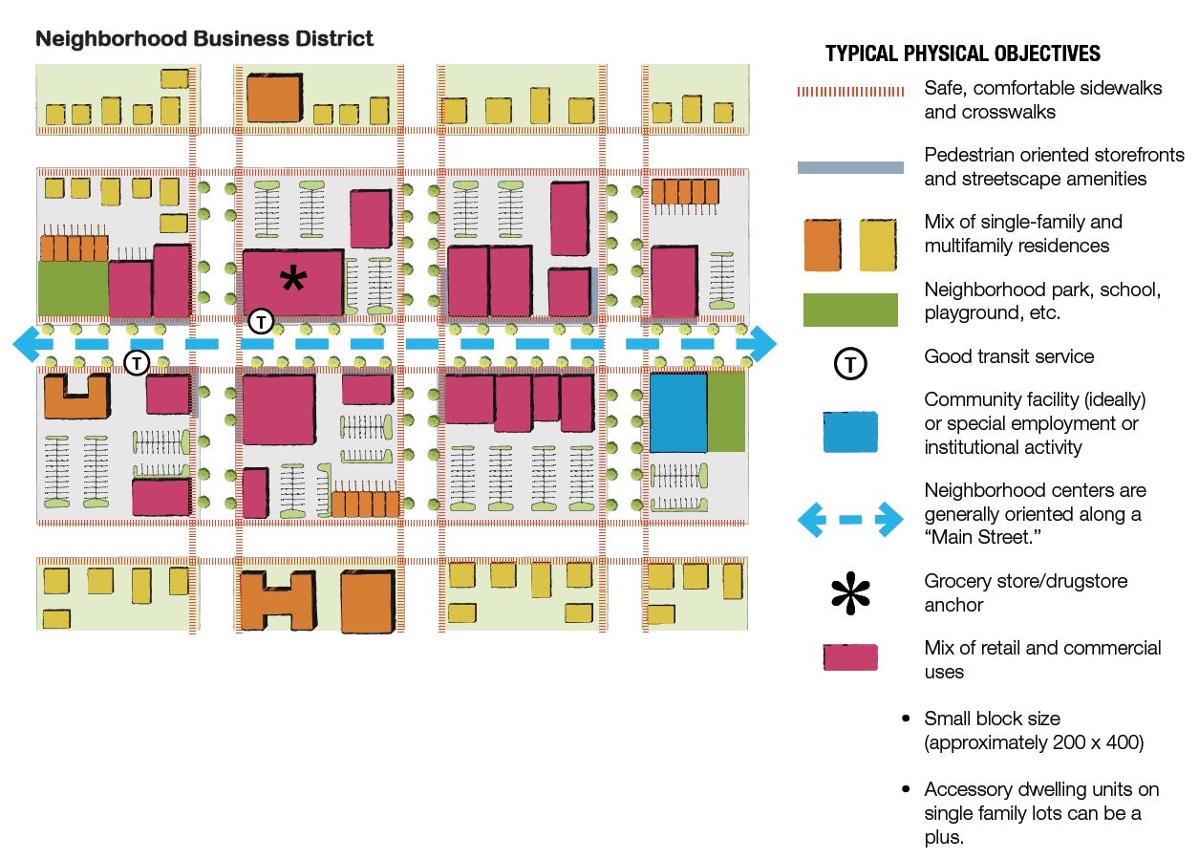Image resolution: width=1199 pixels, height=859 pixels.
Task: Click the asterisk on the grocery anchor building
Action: [x=293, y=280]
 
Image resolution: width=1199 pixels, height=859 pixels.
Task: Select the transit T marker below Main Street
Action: [x=138, y=363]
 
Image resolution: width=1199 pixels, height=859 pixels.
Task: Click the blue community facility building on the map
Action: [x=678, y=413]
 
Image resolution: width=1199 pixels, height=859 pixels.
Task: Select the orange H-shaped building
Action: [x=277, y=600]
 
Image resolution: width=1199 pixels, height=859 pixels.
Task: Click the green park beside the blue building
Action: [x=726, y=412]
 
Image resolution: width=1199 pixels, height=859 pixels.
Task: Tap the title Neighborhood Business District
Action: [x=203, y=39]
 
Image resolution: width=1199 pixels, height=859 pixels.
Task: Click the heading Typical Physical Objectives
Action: [x=963, y=54]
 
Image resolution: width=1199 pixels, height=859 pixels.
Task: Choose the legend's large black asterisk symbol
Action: [x=850, y=592]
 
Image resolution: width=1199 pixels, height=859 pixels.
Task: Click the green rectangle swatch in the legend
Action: [x=849, y=311]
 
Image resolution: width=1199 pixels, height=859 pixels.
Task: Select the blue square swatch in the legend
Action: [x=849, y=431]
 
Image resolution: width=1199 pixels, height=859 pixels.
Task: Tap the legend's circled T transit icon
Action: [x=850, y=363]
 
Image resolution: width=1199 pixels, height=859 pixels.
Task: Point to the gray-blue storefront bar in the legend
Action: [x=850, y=167]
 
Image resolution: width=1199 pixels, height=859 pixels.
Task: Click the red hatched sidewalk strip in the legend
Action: [x=850, y=92]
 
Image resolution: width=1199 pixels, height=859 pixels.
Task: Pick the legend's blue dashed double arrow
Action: [x=850, y=519]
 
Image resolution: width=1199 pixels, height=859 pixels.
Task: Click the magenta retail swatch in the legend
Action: [x=850, y=657]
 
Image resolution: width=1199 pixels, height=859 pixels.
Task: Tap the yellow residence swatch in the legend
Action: [x=878, y=245]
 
